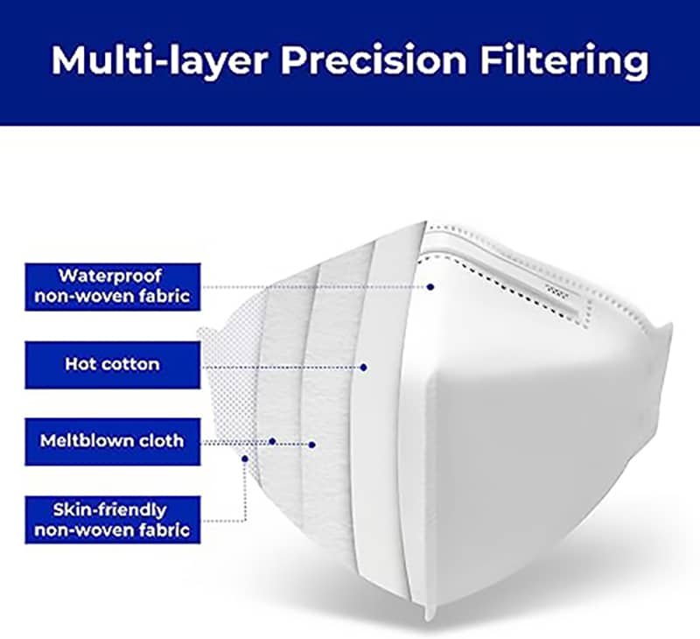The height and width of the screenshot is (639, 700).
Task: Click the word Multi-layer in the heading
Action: pos(160,60)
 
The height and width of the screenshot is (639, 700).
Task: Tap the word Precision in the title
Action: pos(374,60)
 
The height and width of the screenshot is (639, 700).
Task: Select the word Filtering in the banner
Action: pos(564,60)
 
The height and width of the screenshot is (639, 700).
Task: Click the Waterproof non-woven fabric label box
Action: pos(113,287)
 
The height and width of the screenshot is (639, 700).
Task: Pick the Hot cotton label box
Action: pos(113,365)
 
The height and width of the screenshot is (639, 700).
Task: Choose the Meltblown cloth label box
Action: pos(113,442)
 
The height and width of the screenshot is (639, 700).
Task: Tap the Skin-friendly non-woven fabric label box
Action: pos(113,520)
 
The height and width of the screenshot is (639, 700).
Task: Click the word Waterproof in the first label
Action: pos(110,277)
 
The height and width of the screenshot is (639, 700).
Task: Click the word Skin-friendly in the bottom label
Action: pos(110,510)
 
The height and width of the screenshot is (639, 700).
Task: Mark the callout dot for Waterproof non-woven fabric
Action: pos(430,287)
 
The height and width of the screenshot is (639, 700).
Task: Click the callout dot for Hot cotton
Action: pos(363,367)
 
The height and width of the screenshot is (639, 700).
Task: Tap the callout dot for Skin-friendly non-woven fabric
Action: pos(245,458)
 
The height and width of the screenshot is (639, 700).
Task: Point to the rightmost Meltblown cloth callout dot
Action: pos(312,445)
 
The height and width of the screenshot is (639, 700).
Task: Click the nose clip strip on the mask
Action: pos(559,291)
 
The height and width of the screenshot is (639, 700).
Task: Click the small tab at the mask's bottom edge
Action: pos(430,613)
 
